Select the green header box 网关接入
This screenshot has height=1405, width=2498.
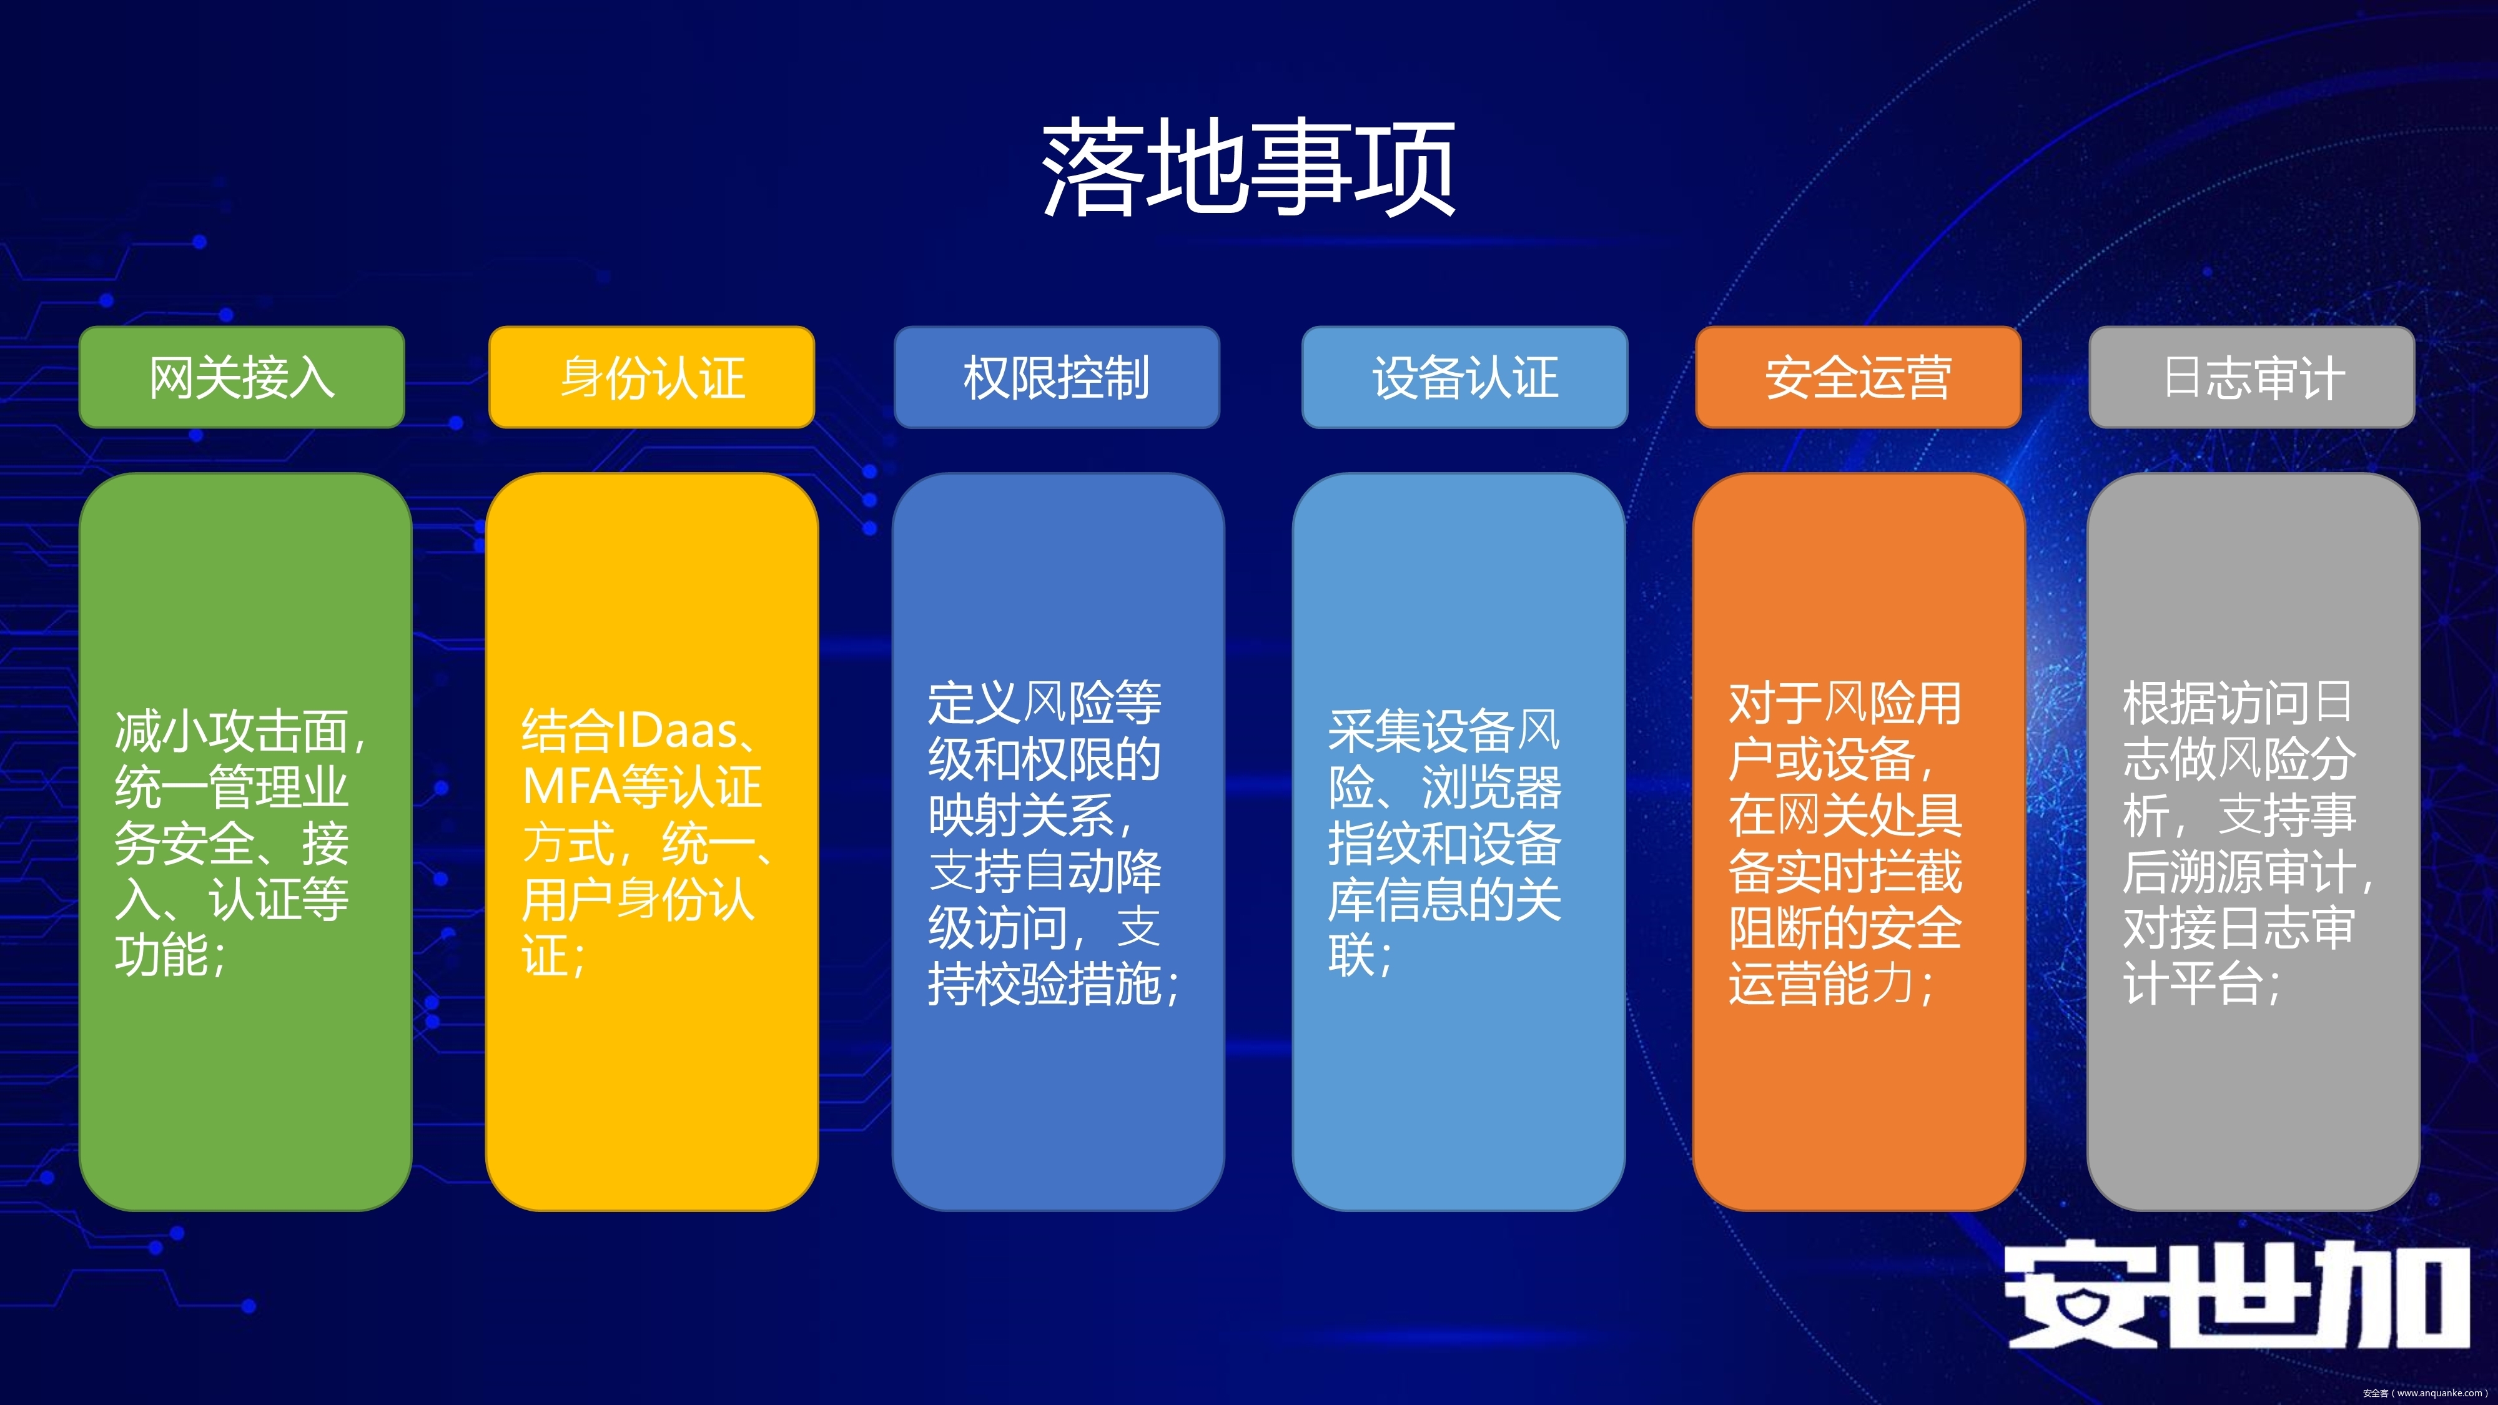pyautogui.click(x=242, y=377)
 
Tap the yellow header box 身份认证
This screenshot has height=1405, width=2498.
pyautogui.click(x=651, y=377)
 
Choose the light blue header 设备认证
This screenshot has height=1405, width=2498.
pyautogui.click(x=1464, y=377)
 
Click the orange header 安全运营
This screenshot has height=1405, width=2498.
pyautogui.click(x=1858, y=377)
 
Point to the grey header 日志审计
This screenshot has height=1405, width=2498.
pyautogui.click(x=2252, y=377)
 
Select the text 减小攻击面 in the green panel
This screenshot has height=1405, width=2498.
pyautogui.click(x=231, y=731)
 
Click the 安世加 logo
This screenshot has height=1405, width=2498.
pyautogui.click(x=2237, y=1296)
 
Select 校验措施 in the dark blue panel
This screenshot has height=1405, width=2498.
pyautogui.click(x=1069, y=983)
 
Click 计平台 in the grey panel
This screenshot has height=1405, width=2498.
pyautogui.click(x=2193, y=983)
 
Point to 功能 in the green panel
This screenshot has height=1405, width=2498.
pyautogui.click(x=161, y=956)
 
